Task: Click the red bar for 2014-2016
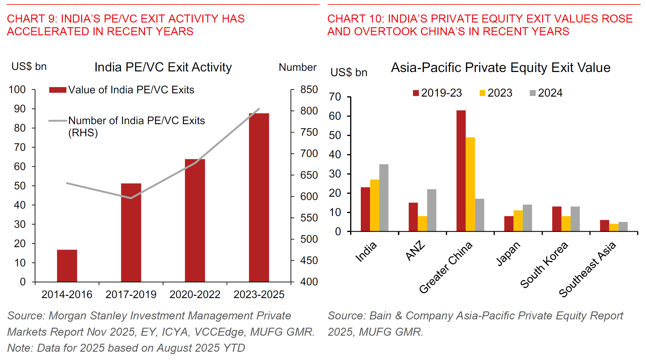point(67,266)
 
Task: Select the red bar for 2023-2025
point(259,198)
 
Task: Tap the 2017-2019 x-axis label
point(131,295)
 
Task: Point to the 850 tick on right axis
point(309,89)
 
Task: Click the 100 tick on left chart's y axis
point(17,89)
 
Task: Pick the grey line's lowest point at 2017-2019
point(131,198)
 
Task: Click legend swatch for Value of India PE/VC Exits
point(58,90)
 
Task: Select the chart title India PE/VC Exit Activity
point(163,67)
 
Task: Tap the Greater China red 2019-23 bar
point(461,171)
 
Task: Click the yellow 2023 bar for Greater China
point(470,184)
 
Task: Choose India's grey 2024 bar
point(384,198)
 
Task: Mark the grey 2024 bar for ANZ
point(432,210)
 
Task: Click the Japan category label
point(508,254)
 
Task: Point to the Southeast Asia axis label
point(587,269)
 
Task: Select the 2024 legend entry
point(546,93)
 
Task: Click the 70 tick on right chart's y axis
point(335,97)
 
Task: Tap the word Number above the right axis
point(297,67)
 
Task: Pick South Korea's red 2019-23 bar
point(556,219)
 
